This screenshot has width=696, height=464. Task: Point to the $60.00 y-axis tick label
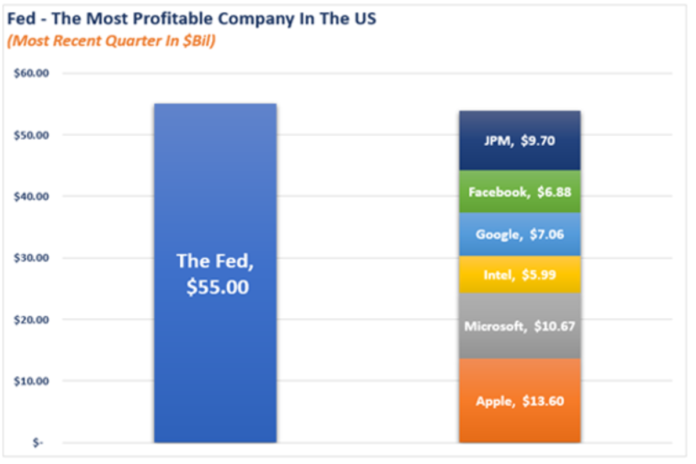pos(32,74)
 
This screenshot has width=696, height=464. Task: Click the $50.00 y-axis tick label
pos(32,135)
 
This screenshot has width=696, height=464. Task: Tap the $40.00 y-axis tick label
pos(32,197)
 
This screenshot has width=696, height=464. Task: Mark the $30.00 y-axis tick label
pos(32,258)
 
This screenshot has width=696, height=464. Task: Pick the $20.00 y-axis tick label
pos(32,320)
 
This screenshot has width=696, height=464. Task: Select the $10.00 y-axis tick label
pos(32,381)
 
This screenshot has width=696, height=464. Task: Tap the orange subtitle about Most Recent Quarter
pos(111,42)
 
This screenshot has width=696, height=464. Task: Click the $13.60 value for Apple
pos(542,401)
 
